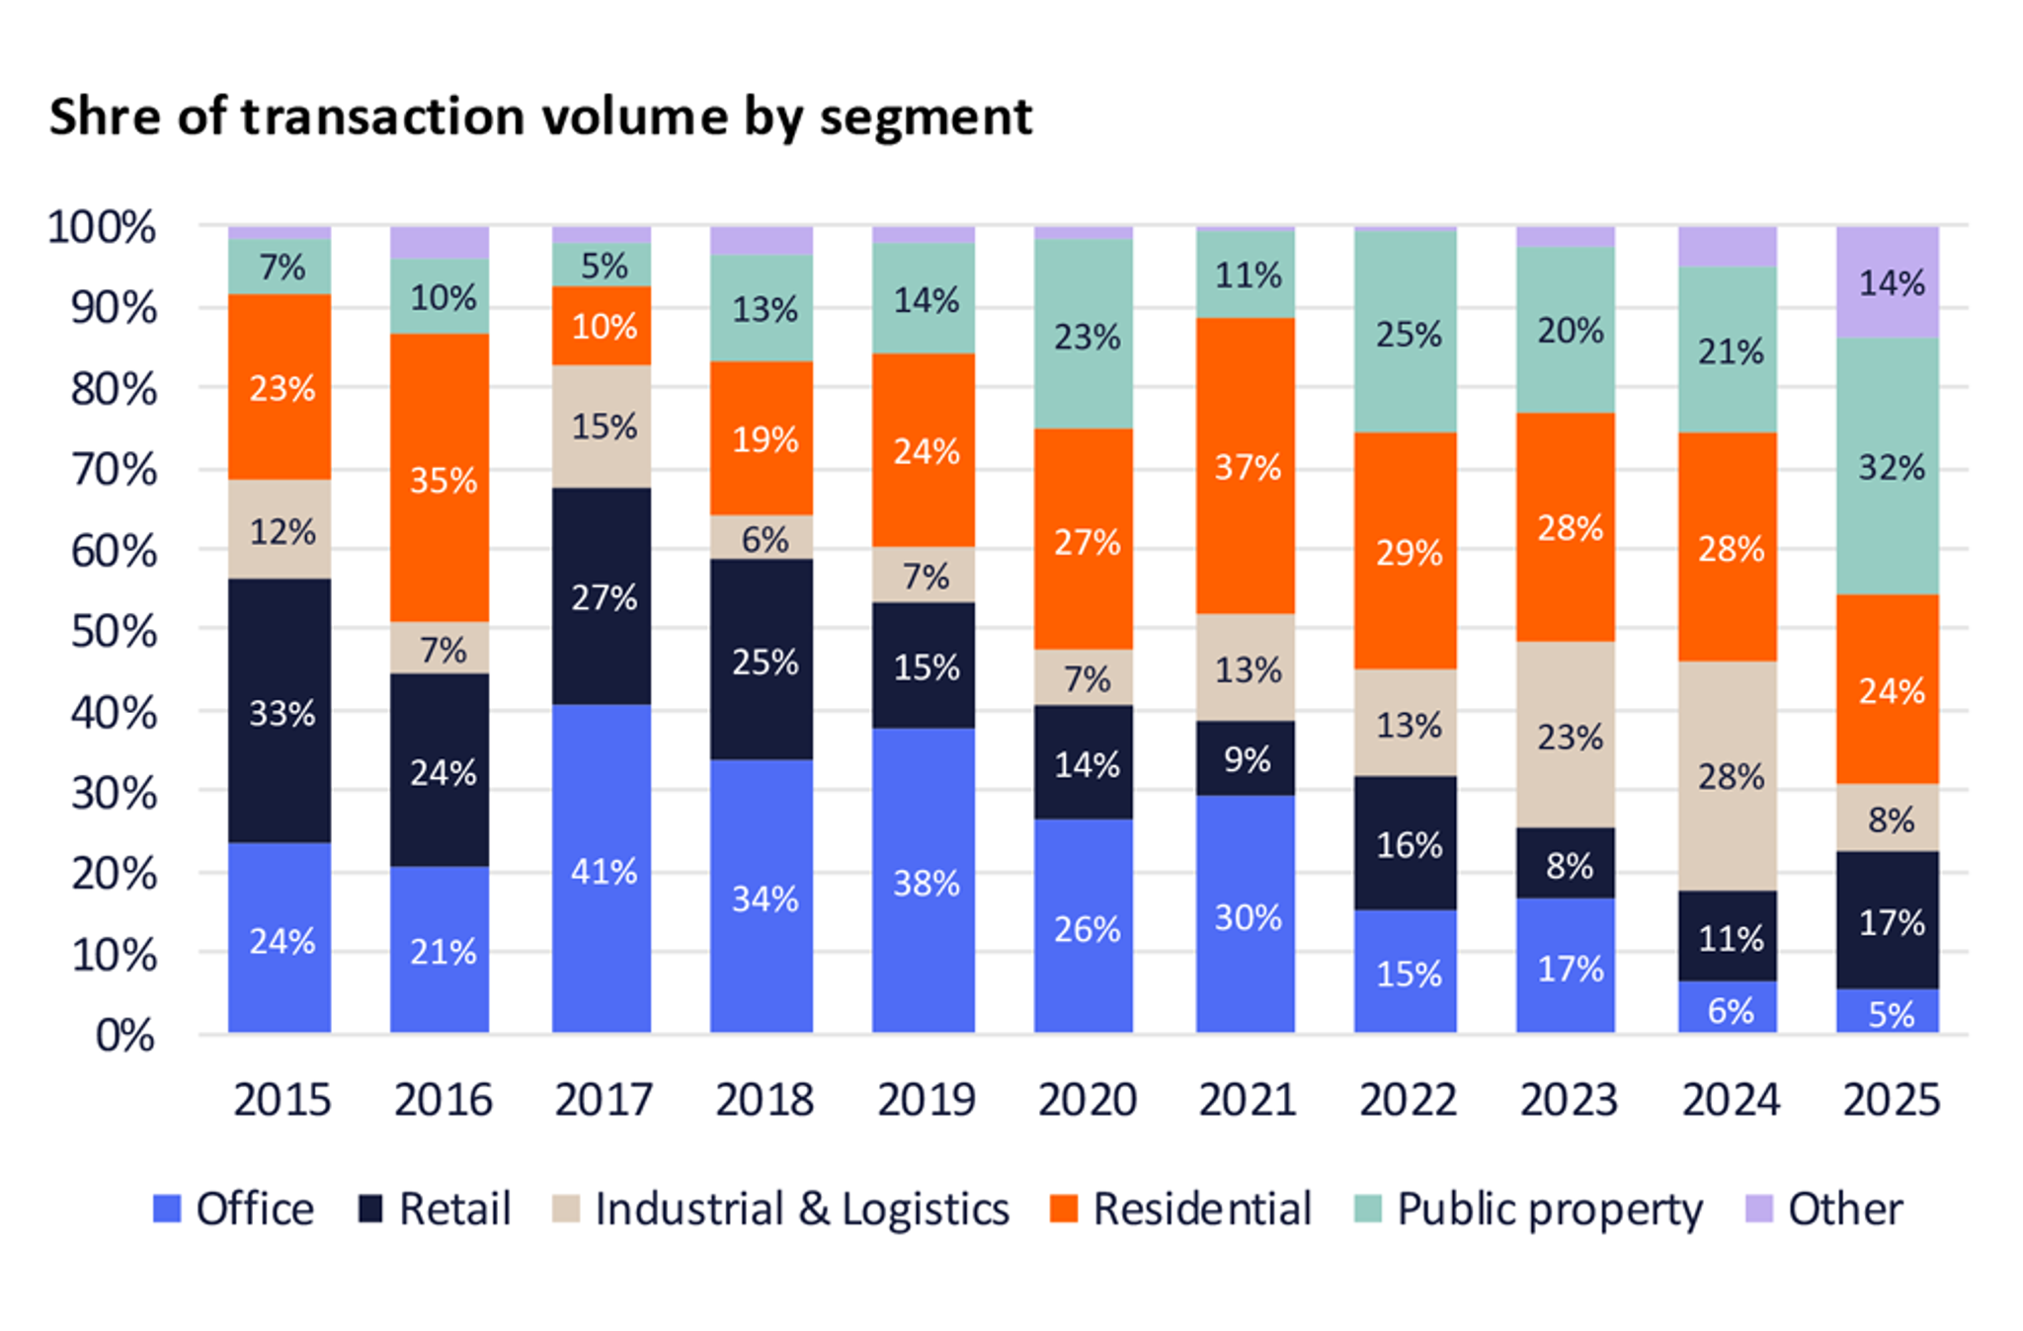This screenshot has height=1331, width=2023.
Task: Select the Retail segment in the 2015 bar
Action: [280, 710]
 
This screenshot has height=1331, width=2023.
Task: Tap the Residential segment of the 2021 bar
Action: [1245, 465]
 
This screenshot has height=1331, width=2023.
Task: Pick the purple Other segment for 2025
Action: [1888, 282]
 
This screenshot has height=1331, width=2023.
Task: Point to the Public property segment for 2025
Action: [1888, 465]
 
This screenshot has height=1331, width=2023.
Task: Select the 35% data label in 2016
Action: [443, 480]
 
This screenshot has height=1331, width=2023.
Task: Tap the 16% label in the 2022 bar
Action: [1408, 844]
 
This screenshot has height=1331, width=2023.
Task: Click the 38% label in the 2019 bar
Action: [926, 882]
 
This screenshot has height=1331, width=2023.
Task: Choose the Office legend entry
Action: [234, 1209]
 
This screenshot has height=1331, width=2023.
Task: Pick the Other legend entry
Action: [1823, 1209]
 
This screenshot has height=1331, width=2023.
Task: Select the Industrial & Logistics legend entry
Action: [780, 1209]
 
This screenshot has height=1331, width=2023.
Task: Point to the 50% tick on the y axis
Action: [114, 631]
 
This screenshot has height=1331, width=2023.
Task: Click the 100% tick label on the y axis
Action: [102, 227]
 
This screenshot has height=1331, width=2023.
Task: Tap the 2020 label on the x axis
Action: [1087, 1099]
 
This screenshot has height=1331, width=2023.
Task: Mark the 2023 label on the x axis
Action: [1568, 1099]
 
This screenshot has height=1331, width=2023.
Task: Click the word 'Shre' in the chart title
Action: [105, 117]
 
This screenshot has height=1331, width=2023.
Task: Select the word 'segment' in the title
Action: [926, 118]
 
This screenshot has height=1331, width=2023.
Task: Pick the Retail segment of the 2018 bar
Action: [762, 659]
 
